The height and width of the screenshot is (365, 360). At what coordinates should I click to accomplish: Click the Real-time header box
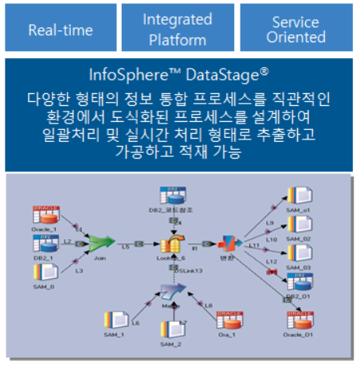tap(61, 29)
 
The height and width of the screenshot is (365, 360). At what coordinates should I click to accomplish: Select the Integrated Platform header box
tap(178, 29)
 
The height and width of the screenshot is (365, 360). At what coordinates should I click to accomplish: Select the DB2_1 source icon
tap(44, 243)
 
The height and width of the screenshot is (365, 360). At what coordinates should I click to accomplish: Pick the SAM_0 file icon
tap(44, 273)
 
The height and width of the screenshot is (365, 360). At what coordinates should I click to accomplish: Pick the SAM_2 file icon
tap(169, 328)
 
